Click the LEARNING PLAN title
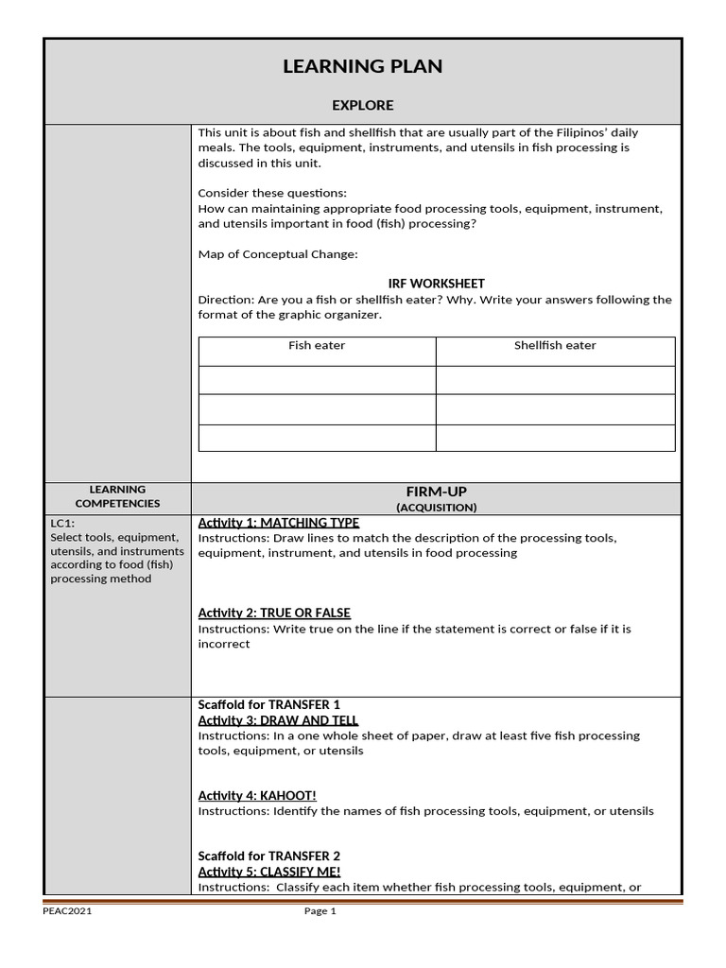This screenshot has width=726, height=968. tap(362, 66)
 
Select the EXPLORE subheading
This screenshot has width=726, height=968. tap(362, 105)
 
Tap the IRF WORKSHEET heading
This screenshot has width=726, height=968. tap(436, 284)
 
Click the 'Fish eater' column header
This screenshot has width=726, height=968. tap(317, 346)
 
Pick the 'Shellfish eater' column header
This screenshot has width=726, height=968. tap(555, 346)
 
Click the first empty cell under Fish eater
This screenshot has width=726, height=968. tap(317, 380)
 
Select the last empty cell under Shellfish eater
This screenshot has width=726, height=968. tap(555, 439)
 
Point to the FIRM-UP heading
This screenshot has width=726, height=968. tap(436, 492)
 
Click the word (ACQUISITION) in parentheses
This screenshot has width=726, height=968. tap(436, 508)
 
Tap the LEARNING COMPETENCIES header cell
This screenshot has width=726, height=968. tap(117, 496)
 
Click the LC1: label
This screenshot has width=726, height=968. tap(62, 523)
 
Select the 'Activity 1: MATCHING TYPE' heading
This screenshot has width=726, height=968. tap(278, 523)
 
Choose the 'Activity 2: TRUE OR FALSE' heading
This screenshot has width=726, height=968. tap(274, 613)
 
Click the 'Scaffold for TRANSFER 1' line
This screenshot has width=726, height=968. tap(268, 705)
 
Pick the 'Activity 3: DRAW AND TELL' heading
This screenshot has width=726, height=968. tap(275, 720)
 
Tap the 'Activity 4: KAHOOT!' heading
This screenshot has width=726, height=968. tap(257, 796)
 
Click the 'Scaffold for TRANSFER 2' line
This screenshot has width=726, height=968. tap(268, 856)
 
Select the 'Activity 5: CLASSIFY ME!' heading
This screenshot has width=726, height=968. tap(268, 872)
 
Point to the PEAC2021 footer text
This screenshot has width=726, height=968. tap(67, 911)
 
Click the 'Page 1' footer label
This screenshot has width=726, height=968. tap(320, 911)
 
